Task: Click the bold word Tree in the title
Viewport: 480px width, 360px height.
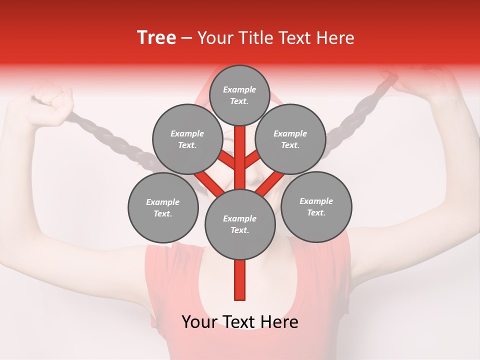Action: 156,37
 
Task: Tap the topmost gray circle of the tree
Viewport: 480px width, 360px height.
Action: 239,95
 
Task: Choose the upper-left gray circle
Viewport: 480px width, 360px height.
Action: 187,139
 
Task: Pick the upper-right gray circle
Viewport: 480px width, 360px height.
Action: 290,139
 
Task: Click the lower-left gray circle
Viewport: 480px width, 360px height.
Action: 162,207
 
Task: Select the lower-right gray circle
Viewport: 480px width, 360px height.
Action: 316,206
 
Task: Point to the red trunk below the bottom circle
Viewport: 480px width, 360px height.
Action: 240,280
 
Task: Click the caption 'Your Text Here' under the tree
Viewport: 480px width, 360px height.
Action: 240,322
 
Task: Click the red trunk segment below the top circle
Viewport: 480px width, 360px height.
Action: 240,145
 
